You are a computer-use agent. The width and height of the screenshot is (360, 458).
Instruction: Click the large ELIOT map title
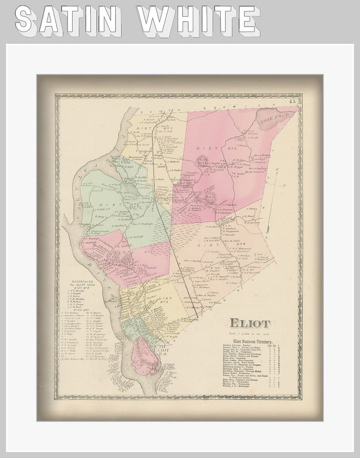pyautogui.click(x=249, y=323)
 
